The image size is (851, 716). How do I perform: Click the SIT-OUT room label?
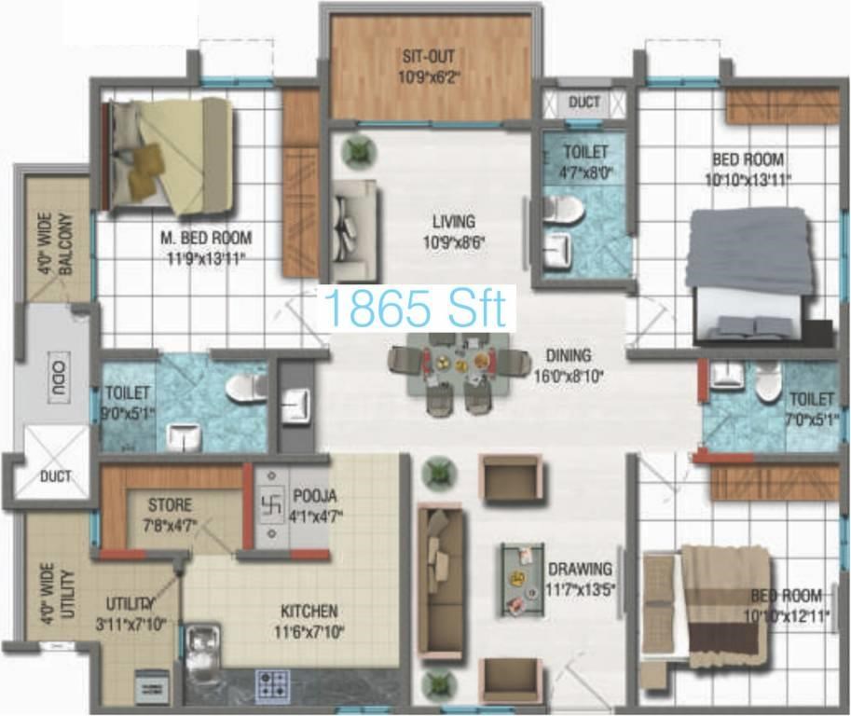click(x=428, y=56)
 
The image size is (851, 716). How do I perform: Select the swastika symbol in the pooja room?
click(x=271, y=506)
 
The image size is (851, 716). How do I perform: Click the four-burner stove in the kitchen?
click(x=272, y=684)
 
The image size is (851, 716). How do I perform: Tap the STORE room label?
click(x=170, y=505)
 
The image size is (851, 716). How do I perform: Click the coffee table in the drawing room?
click(x=522, y=580)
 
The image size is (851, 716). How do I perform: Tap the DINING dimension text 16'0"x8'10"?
click(x=569, y=377)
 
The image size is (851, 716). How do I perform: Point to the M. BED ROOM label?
click(x=206, y=238)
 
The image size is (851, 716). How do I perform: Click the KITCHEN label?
click(x=309, y=612)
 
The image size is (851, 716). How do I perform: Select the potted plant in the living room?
click(x=359, y=151)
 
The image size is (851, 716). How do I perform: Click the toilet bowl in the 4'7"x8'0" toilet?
click(x=563, y=209)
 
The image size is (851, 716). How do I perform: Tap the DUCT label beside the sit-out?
click(x=584, y=102)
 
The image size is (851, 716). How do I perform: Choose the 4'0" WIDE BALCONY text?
click(x=55, y=243)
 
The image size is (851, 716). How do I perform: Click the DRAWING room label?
click(x=580, y=569)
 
